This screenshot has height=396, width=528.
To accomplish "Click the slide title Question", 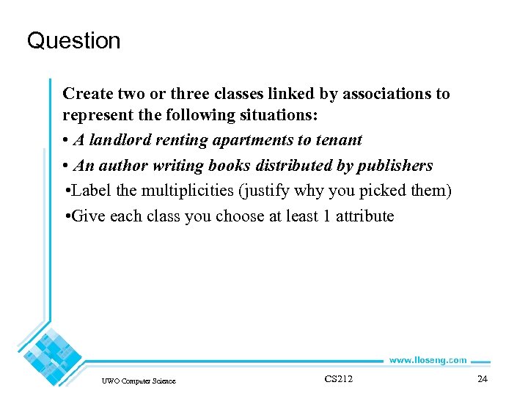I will [73, 40].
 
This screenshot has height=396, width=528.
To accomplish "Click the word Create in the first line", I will [87, 94].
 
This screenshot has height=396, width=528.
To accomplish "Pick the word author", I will [119, 166].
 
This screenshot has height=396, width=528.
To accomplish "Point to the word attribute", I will [364, 216].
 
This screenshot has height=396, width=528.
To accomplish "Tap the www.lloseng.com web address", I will [427, 360].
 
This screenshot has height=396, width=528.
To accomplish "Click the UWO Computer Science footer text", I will [139, 381].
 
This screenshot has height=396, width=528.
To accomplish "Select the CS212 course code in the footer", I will [338, 378].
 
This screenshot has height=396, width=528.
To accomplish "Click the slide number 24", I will [482, 379].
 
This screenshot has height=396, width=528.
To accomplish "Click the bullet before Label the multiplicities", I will [67, 191].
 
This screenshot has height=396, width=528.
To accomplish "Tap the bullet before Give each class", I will [67, 216].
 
